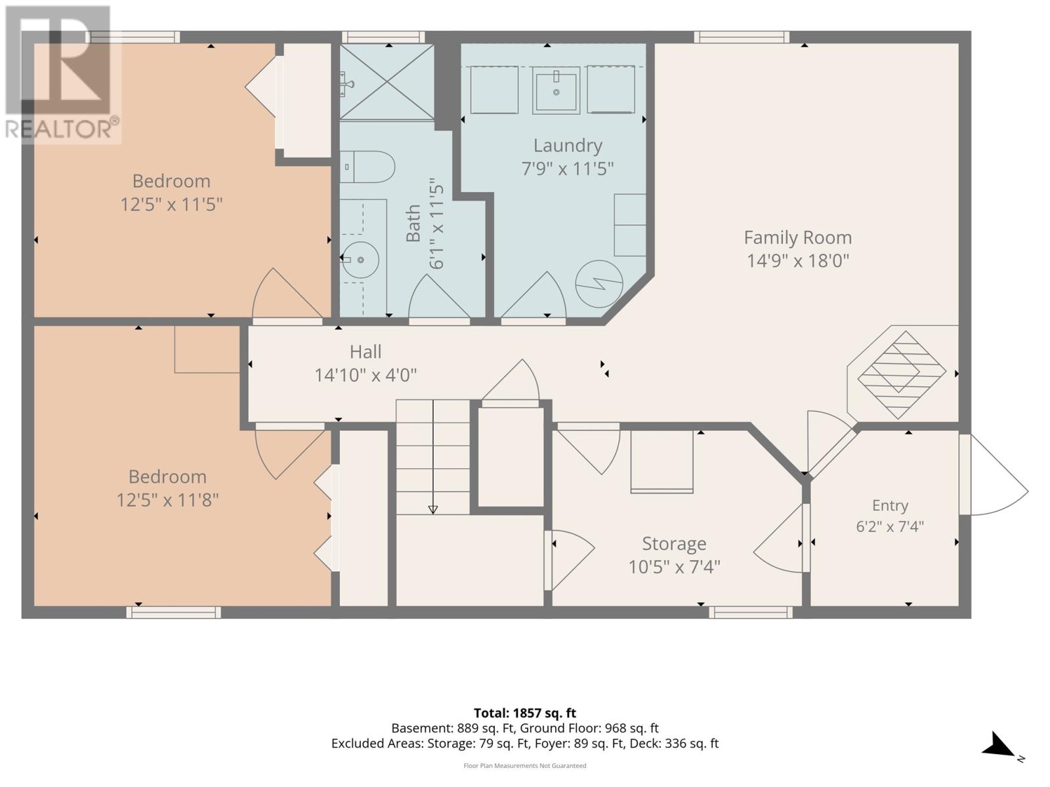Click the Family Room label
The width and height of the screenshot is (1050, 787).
pos(797,237)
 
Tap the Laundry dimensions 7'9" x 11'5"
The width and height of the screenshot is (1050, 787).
pos(568,169)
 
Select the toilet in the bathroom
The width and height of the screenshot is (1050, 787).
pos(367,167)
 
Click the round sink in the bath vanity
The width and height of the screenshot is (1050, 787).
pos(361,260)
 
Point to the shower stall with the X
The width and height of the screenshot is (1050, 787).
pos(387,82)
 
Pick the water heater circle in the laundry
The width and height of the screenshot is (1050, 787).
pos(599,284)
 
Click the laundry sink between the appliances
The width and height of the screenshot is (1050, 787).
pos(556,90)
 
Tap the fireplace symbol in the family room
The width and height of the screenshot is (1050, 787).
pos(902,374)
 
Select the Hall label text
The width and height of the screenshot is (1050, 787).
pos(366,352)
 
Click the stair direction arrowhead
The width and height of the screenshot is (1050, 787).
pos(433,510)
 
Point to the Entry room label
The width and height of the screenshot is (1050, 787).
pos(890,505)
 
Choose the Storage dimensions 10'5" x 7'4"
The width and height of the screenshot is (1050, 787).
pos(674,567)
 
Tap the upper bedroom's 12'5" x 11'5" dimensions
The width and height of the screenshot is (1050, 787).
pos(171,205)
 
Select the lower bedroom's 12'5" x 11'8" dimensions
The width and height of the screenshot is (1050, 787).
pos(167,500)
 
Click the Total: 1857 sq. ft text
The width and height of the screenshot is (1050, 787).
pos(525,713)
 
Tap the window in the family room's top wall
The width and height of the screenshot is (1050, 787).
pos(742,37)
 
